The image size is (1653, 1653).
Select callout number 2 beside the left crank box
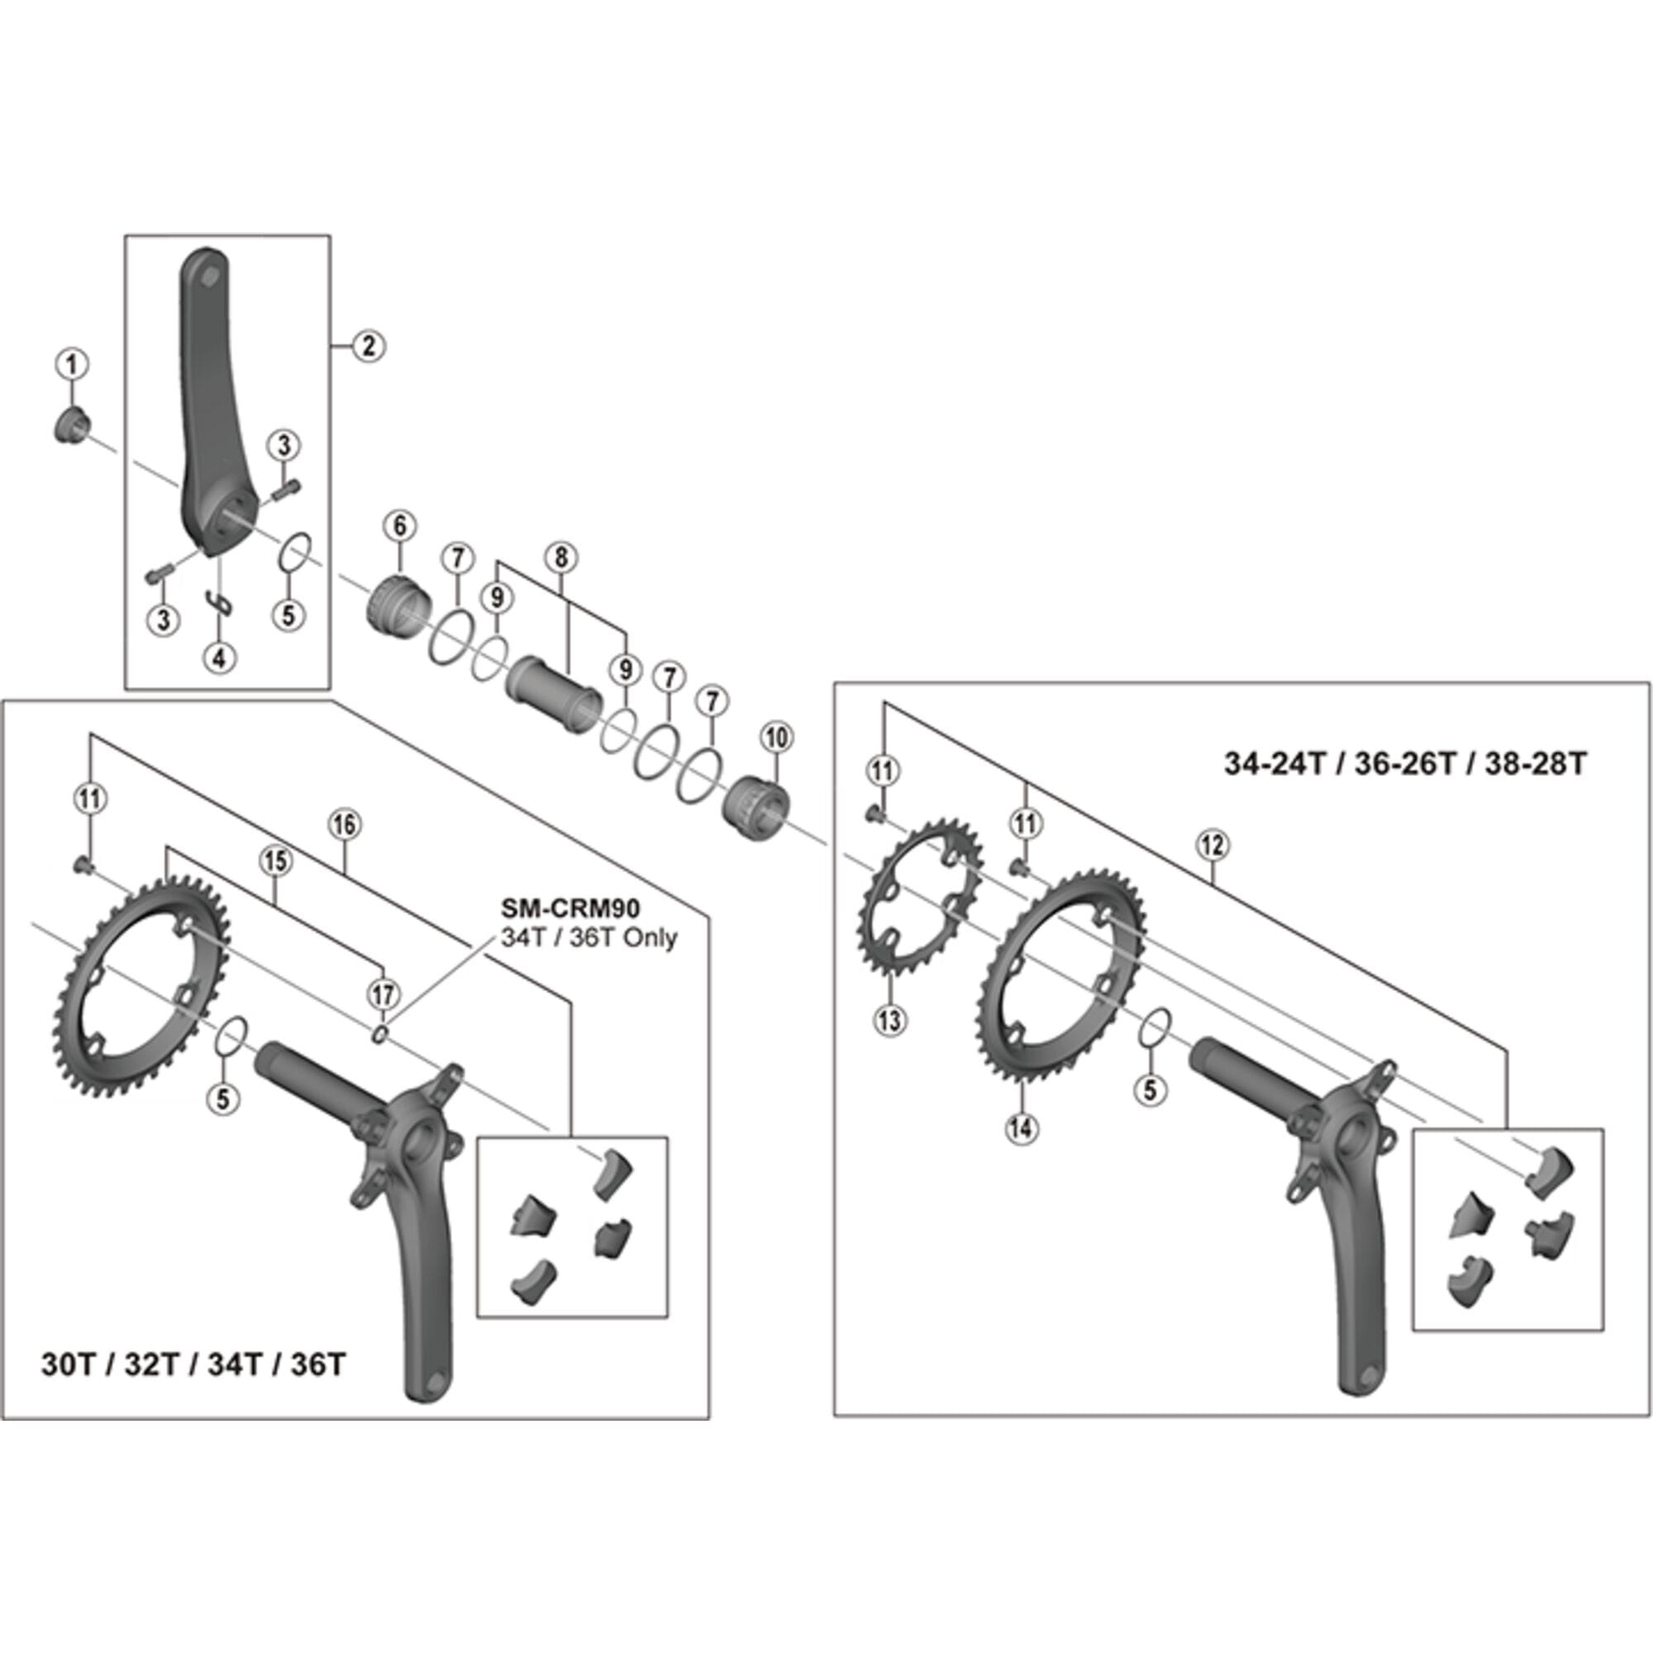[x=368, y=345]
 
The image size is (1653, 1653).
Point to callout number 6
[x=399, y=526]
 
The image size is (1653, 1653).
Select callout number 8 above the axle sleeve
[x=560, y=558]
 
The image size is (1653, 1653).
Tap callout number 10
[x=776, y=737]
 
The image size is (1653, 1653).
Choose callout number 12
[x=1212, y=846]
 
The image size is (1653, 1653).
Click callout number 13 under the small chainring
[x=891, y=1020]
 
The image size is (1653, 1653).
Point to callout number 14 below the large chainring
[x=1022, y=1128]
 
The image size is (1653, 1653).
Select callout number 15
[x=274, y=861]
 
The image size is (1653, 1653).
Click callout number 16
[x=344, y=825]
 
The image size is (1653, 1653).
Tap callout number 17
[x=383, y=994]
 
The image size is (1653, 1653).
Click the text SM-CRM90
[x=569, y=908]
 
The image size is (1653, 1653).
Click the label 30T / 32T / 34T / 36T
[x=193, y=1364]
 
